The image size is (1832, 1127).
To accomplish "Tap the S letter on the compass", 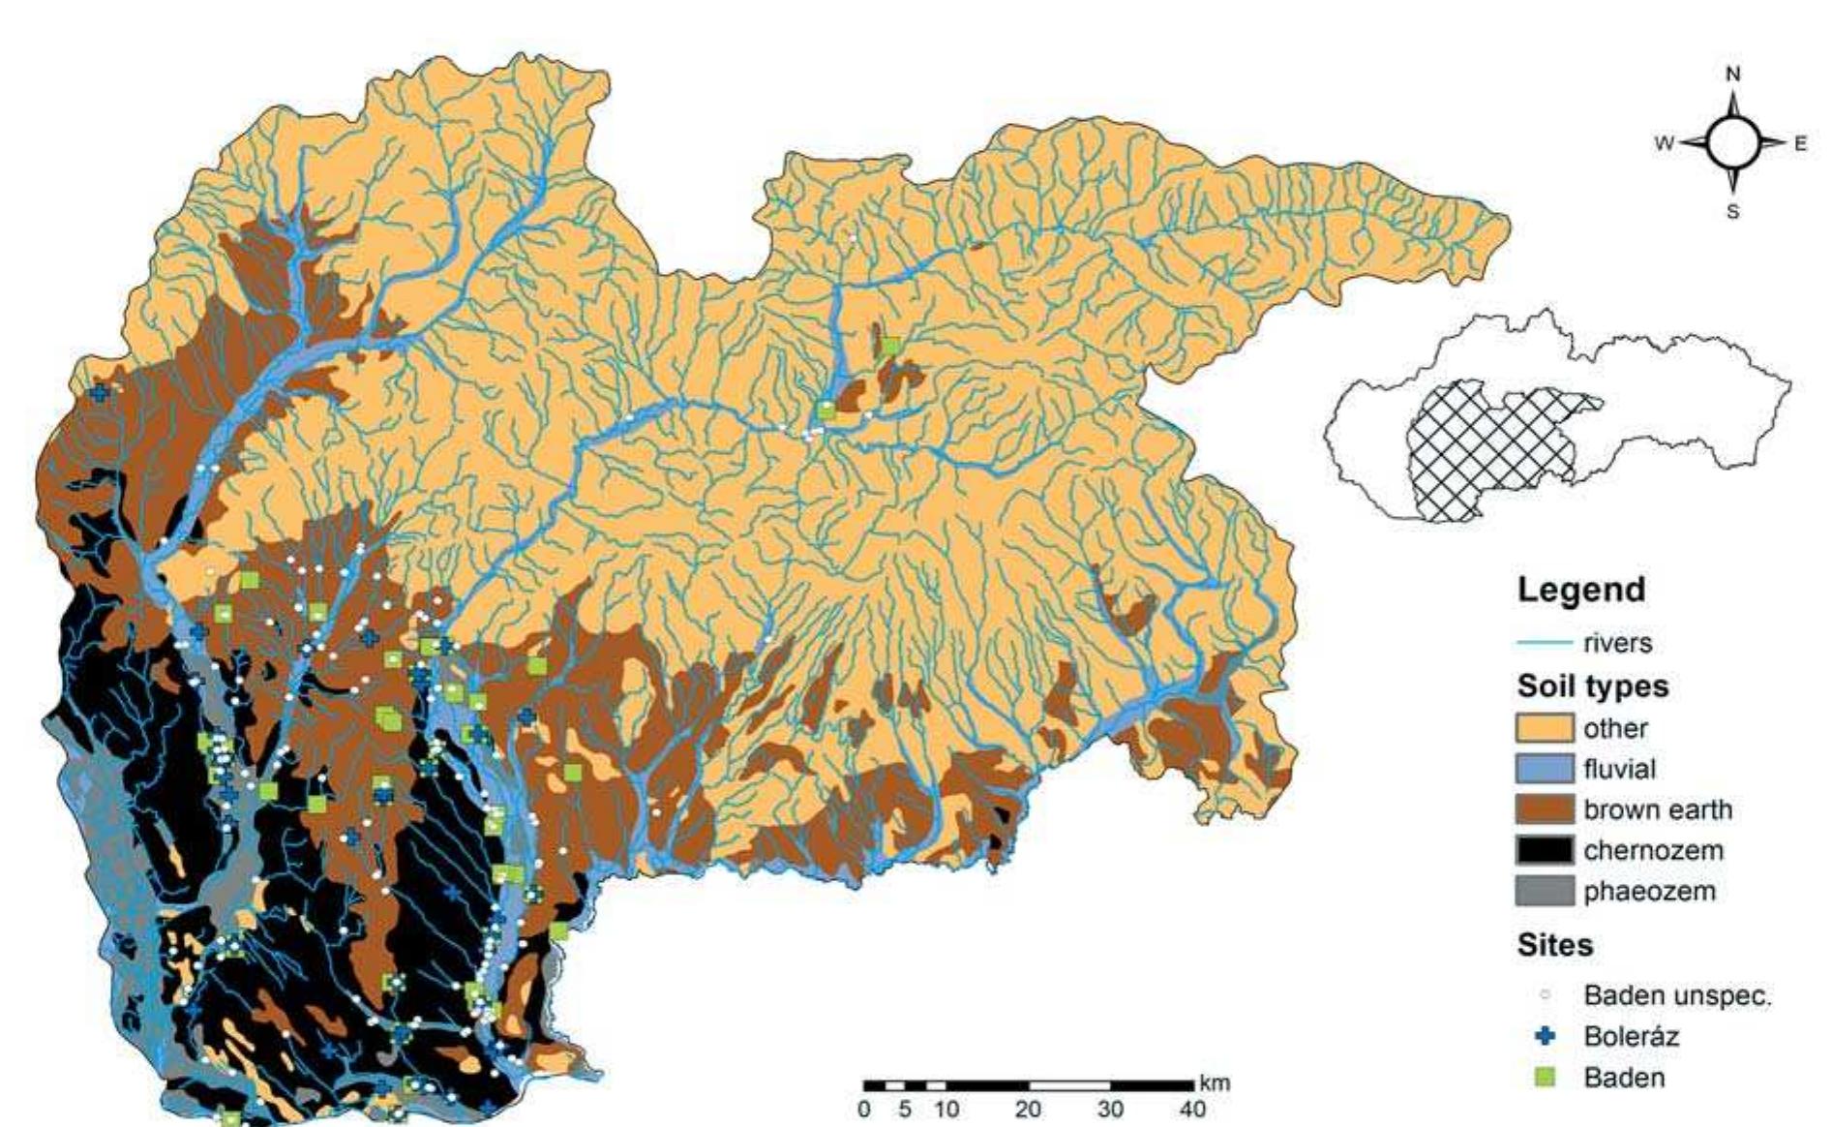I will coord(1732,212).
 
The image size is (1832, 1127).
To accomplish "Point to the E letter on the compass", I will coord(1800,143).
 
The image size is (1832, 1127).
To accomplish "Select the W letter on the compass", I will coord(1664,143).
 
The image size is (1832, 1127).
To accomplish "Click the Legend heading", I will coord(1580,590).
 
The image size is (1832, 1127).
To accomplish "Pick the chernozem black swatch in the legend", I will coord(1545,851).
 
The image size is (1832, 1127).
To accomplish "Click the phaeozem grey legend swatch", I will coord(1545,892).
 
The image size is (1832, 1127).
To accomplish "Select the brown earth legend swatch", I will coord(1545,810).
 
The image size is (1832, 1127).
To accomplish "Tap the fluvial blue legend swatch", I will coord(1545,770).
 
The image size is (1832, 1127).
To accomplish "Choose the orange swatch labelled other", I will coord(1545,728).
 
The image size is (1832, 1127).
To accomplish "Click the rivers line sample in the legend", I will coord(1545,643).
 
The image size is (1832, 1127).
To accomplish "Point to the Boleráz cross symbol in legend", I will coord(1546,1036).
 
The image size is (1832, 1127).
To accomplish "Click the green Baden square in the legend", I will coord(1546,1077).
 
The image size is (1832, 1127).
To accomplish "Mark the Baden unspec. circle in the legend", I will coord(1546,994).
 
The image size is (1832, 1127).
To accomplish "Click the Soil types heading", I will coord(1592,686).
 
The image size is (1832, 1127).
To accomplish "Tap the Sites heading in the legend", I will coord(1554,945).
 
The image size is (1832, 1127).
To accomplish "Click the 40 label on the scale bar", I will coord(1192,1110).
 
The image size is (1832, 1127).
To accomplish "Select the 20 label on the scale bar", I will coord(1028,1110).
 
